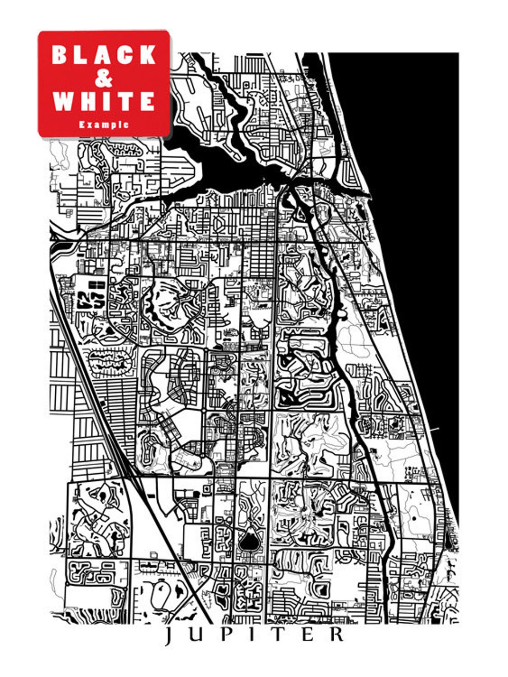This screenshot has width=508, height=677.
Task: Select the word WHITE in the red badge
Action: click(104, 101)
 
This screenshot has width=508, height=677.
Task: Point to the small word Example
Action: click(104, 125)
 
